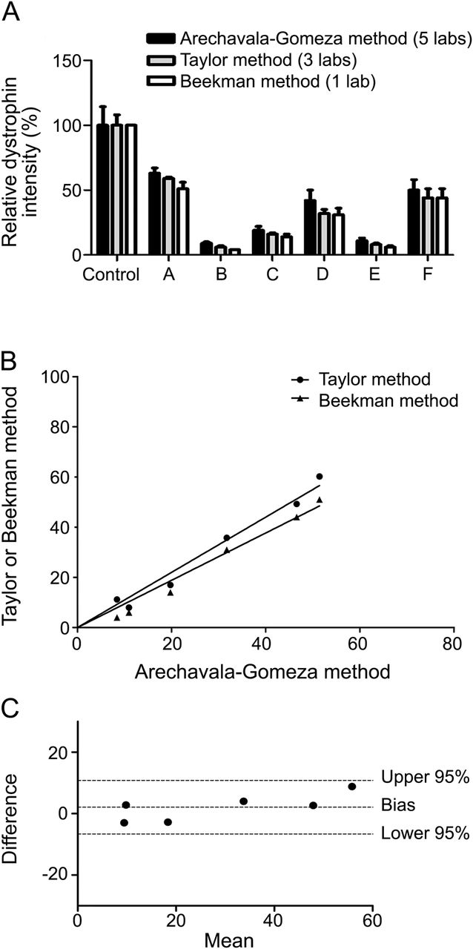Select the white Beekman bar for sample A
pos(183,222)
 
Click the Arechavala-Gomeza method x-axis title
pos(264,672)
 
